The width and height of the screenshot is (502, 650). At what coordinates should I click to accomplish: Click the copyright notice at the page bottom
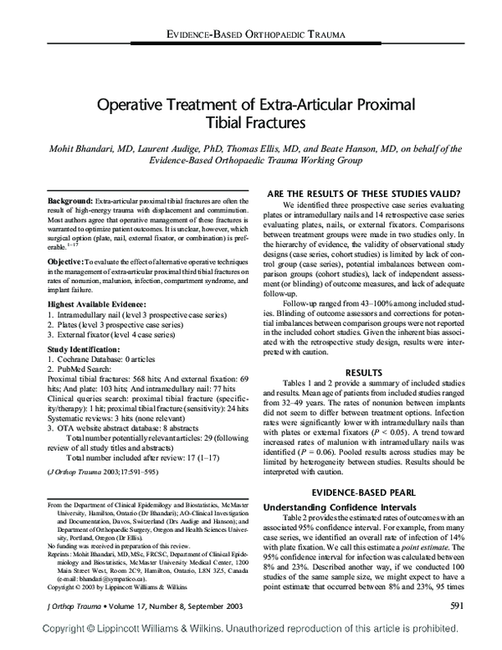click(250, 641)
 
